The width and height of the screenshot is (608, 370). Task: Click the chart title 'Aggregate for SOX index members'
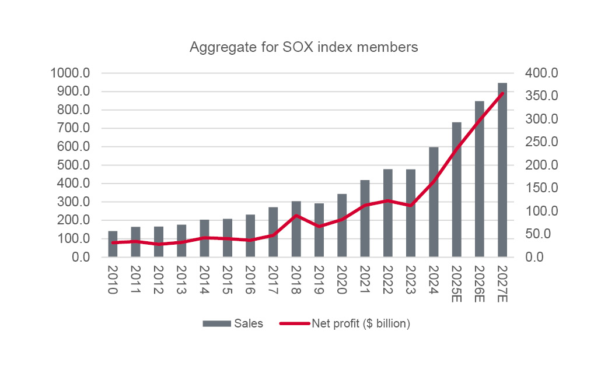click(x=304, y=48)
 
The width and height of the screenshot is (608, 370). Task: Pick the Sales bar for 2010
click(x=113, y=244)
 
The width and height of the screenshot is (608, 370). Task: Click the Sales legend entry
click(x=233, y=324)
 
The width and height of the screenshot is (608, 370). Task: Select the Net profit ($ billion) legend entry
click(x=345, y=324)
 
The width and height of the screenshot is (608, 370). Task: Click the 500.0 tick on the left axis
click(x=74, y=165)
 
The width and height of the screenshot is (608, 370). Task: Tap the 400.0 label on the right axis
click(x=542, y=73)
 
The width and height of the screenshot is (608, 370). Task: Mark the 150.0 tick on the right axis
click(x=542, y=188)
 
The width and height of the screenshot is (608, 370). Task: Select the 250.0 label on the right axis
click(x=542, y=142)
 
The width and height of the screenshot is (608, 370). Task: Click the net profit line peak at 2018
click(x=296, y=216)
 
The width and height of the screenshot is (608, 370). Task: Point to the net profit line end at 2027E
click(x=502, y=93)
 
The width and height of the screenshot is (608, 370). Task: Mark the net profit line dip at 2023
click(x=410, y=206)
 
